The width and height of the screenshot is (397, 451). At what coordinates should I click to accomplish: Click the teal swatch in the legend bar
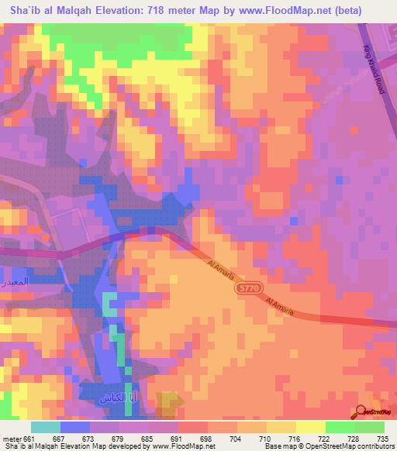[46, 427]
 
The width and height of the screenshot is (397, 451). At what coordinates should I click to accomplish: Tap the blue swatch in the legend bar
[74, 427]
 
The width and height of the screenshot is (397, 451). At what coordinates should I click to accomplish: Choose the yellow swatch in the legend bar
[310, 427]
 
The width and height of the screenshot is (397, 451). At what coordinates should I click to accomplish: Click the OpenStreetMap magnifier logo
[361, 411]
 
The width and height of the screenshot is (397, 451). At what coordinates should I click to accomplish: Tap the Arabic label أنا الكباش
[117, 399]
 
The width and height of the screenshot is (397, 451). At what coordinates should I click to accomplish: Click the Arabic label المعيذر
[15, 281]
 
